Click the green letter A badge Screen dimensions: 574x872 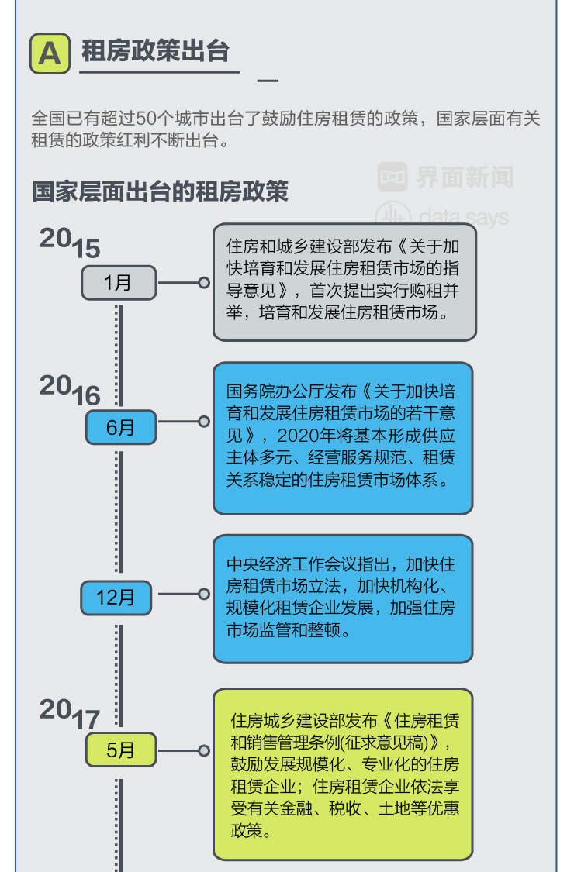coord(50,53)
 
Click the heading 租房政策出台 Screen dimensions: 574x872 coord(156,51)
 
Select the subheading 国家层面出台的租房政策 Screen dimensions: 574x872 coord(160,191)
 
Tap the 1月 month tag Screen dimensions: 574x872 coord(119,283)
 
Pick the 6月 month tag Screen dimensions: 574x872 coord(120,427)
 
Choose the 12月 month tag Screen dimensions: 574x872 coord(116,597)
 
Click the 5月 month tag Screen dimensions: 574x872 coord(120,750)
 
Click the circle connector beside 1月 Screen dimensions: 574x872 coord(204,283)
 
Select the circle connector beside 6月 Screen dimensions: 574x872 coord(204,422)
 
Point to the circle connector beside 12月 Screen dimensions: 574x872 coord(204,595)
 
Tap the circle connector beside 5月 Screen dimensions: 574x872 coord(204,750)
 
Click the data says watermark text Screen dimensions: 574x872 coord(463,216)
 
